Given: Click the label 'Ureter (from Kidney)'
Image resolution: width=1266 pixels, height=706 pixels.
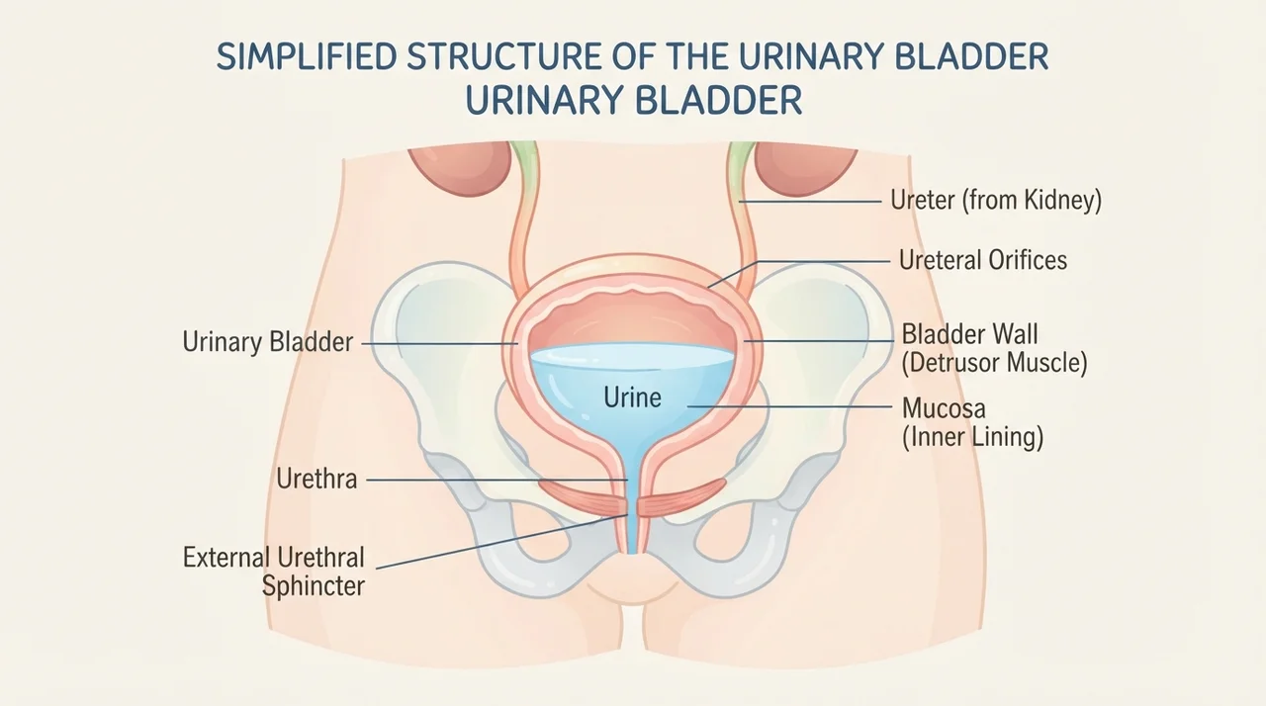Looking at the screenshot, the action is click(996, 201).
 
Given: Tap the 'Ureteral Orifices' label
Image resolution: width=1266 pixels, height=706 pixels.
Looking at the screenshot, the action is click(983, 260).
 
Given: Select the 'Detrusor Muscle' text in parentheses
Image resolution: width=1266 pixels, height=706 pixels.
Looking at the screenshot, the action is click(994, 363).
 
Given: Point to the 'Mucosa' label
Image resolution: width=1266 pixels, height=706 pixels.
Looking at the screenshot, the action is click(944, 408).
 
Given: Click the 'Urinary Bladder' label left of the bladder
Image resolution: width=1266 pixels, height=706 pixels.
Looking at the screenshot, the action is click(267, 342).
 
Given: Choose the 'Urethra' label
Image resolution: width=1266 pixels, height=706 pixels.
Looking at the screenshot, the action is click(316, 480).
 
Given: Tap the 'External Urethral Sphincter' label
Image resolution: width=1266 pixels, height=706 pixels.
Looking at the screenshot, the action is click(274, 572).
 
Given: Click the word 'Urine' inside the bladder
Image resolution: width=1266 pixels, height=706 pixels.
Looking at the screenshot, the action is click(632, 397).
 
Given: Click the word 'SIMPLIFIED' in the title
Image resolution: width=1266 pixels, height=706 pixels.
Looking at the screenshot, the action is click(307, 56).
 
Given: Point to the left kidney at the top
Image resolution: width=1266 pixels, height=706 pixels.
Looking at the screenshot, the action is click(460, 168).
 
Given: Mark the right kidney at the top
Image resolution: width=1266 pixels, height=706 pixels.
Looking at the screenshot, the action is click(807, 168).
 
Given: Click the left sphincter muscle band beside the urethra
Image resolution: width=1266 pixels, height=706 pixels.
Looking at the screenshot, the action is click(583, 497).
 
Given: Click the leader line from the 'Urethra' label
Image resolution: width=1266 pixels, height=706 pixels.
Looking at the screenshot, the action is click(497, 481).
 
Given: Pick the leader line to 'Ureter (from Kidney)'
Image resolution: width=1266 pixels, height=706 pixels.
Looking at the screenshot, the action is click(810, 201).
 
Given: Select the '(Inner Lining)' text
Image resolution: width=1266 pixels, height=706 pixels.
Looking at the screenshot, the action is click(972, 437).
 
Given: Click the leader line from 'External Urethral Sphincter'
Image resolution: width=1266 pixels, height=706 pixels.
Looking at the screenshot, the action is click(501, 542).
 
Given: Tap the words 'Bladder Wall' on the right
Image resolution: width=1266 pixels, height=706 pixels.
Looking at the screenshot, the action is click(969, 334).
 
